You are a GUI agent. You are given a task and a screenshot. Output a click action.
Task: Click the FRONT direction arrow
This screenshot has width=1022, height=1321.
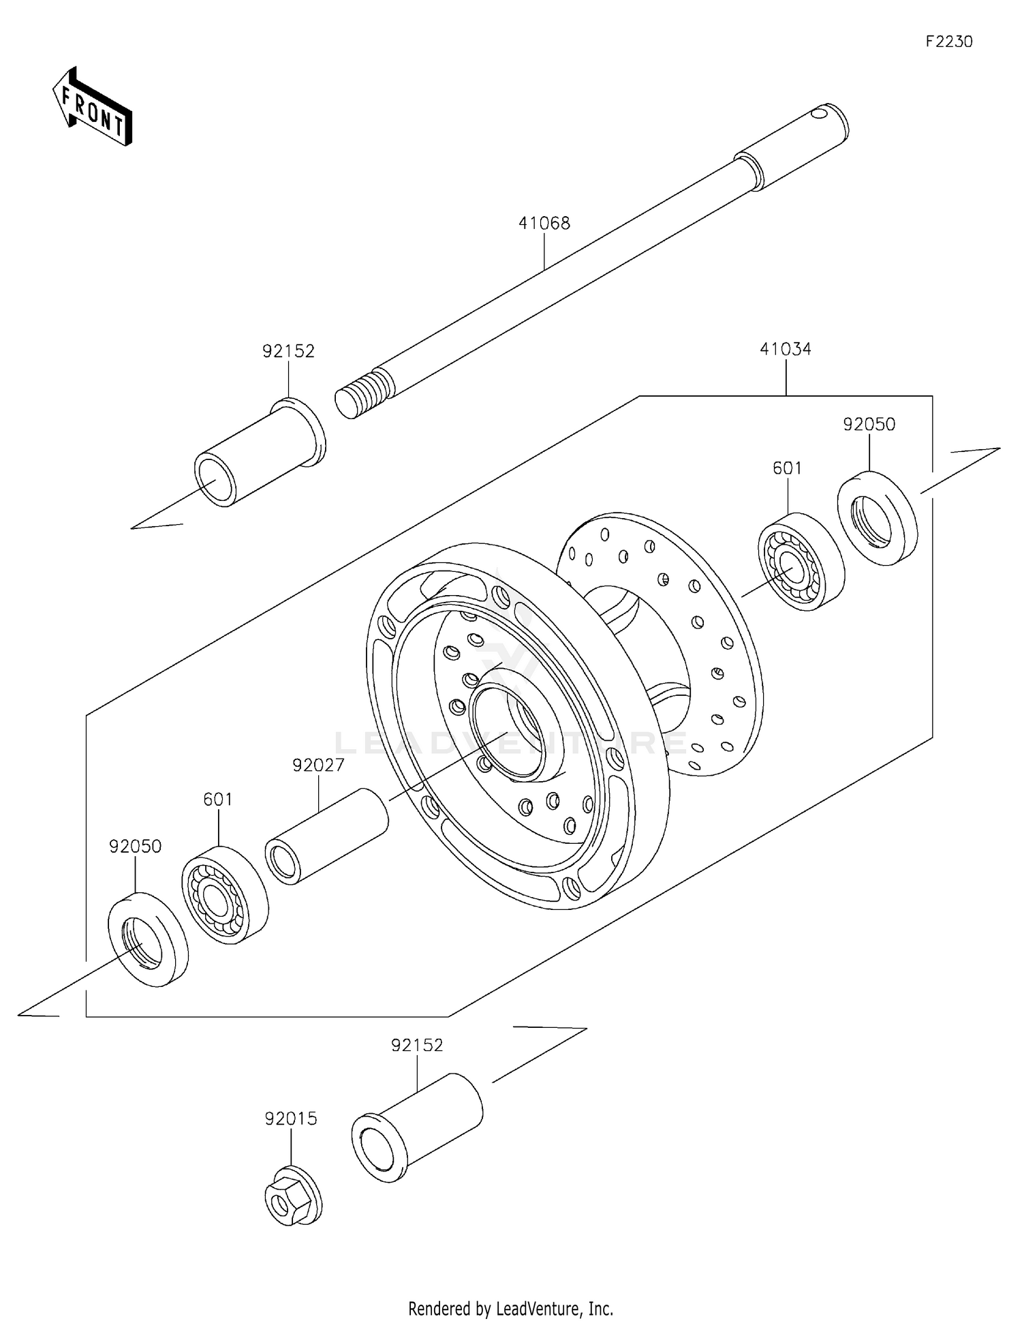coord(92,108)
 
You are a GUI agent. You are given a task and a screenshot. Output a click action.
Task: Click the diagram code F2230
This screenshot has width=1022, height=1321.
coord(948,42)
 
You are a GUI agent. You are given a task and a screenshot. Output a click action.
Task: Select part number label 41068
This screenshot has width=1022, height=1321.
coord(544,223)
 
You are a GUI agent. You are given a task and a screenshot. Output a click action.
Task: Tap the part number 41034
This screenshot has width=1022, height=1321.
coord(785,349)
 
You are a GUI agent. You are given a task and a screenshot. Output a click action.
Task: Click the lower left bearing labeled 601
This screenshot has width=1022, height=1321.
coord(225,895)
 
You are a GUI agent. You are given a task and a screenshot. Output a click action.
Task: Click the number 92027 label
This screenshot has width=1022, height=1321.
coord(318,765)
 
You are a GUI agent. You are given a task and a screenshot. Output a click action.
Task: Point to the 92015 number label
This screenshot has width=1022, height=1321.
coord(291,1119)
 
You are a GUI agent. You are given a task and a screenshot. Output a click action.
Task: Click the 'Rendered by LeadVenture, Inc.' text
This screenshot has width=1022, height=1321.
coord(510,1308)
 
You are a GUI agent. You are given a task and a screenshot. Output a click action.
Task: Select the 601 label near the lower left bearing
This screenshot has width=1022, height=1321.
coord(217,799)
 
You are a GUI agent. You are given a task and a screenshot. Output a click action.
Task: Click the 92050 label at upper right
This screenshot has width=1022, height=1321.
coord(869,424)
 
